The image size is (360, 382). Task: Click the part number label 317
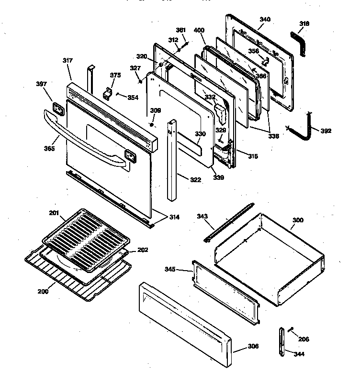click(x=67, y=60)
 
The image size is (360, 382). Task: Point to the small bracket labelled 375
click(x=109, y=92)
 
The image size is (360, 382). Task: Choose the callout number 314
click(x=174, y=217)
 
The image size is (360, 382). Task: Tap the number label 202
click(x=143, y=250)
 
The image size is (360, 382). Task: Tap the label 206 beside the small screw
click(x=303, y=339)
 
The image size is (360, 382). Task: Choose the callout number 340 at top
click(x=265, y=19)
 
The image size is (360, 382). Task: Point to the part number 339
click(x=219, y=177)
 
